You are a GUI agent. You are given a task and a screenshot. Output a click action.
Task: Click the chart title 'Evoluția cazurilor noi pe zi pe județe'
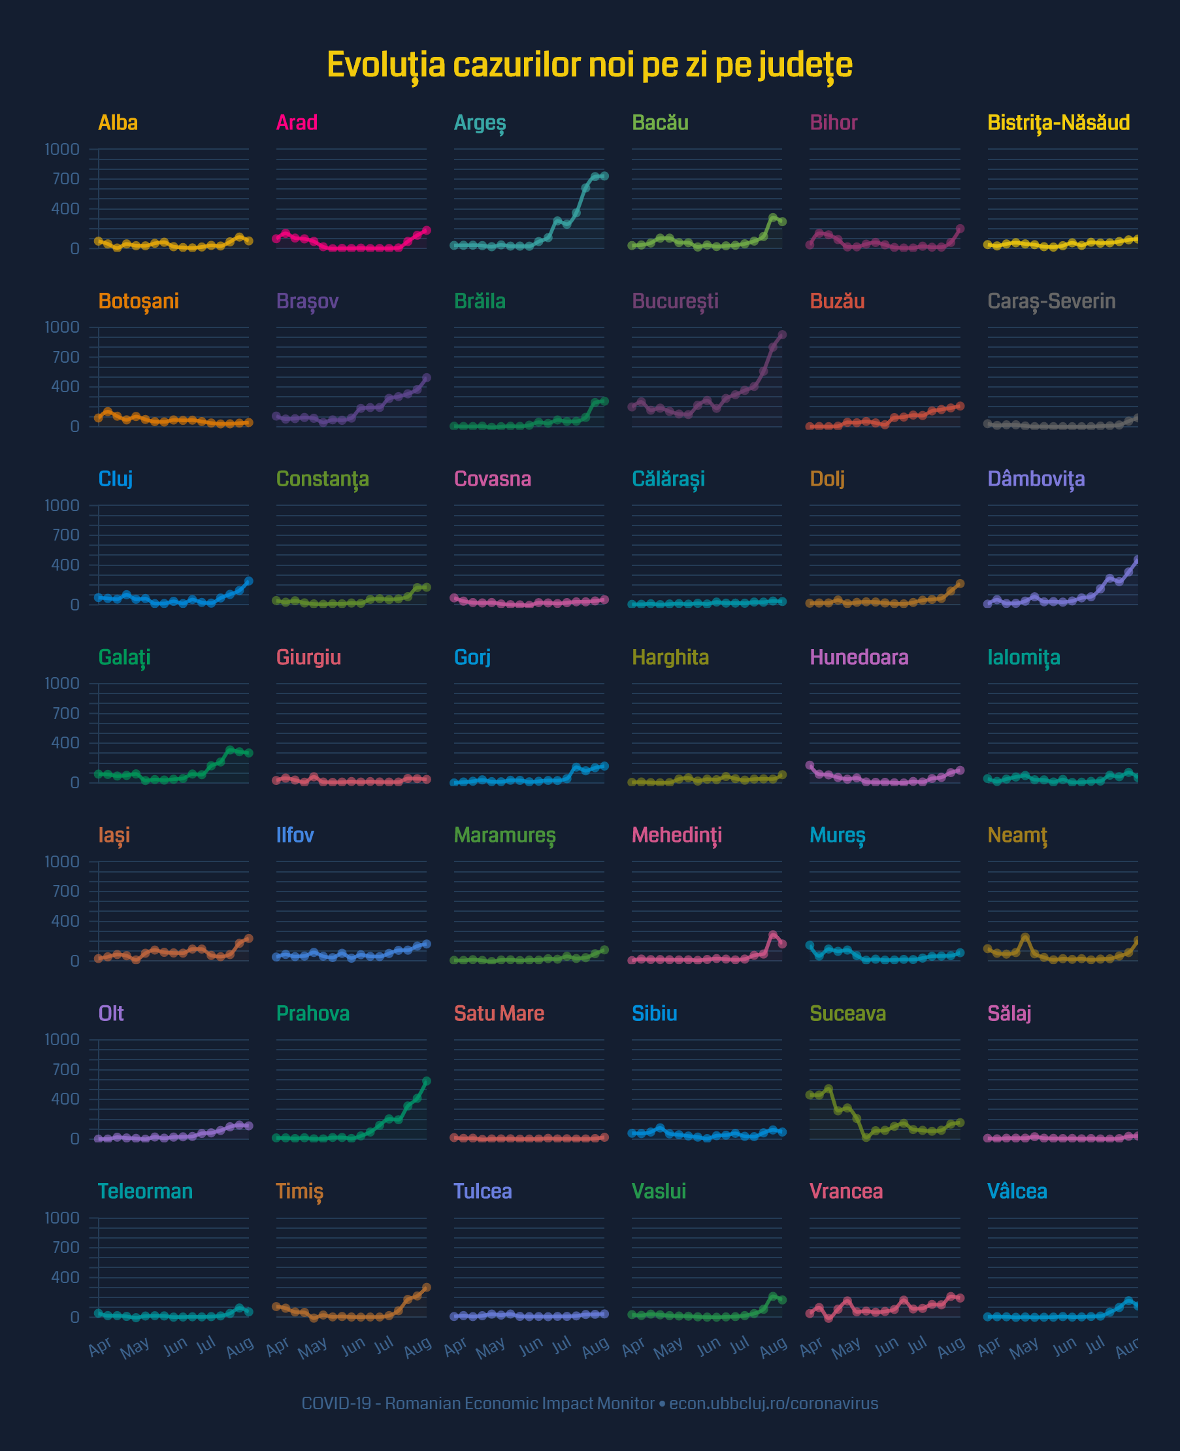click(589, 65)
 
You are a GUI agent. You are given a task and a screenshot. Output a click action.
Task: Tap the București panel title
click(674, 301)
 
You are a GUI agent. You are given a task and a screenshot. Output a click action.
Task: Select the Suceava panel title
click(847, 1013)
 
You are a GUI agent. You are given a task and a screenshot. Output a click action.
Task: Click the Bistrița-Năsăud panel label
click(1058, 122)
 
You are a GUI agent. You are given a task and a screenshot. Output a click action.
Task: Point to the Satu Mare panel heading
click(499, 1013)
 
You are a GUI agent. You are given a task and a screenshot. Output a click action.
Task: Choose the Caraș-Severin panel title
click(1051, 301)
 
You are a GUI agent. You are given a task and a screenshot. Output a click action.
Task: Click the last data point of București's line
click(781, 335)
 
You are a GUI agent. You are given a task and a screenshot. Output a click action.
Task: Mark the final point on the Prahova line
click(426, 1081)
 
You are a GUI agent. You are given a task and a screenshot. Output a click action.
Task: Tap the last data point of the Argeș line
click(604, 176)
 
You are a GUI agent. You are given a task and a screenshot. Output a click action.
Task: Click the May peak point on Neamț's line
click(1025, 937)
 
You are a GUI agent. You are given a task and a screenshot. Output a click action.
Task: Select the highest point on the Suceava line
click(828, 1089)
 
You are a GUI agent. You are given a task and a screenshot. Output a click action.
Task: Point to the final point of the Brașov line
click(426, 377)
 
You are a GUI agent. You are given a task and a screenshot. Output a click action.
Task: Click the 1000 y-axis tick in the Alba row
click(62, 149)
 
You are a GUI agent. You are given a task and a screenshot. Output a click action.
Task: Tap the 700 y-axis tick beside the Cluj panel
click(65, 535)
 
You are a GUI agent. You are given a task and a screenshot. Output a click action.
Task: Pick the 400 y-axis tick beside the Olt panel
click(65, 1099)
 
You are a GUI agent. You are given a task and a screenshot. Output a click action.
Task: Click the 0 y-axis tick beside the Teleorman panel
click(74, 1317)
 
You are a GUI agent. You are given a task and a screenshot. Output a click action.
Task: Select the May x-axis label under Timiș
click(313, 1348)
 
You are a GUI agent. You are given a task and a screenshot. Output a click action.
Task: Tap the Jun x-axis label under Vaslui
click(708, 1346)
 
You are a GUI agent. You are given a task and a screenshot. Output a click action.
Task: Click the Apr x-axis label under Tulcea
click(455, 1346)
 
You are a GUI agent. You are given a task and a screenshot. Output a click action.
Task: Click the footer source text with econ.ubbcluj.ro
click(589, 1403)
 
